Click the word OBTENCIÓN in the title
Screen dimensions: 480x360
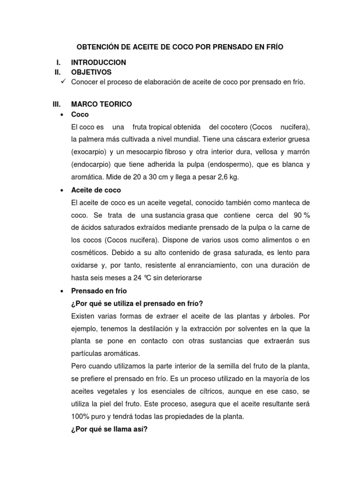(x=98, y=47)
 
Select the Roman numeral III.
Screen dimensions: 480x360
(x=57, y=104)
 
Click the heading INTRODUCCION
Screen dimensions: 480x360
(x=98, y=62)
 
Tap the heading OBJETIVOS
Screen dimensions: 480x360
(x=91, y=72)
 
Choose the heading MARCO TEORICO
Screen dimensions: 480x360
(x=101, y=104)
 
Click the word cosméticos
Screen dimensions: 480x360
(x=89, y=253)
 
